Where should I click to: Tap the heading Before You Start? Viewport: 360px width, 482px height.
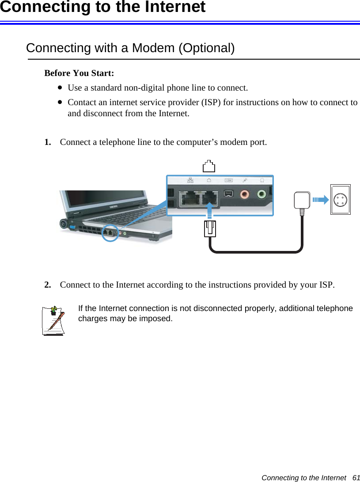[79, 73]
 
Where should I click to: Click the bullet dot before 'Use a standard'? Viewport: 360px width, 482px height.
[59, 87]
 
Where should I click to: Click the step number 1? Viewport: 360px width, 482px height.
[47, 142]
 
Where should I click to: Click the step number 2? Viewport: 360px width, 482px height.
[47, 285]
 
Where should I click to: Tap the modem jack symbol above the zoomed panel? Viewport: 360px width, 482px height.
[209, 166]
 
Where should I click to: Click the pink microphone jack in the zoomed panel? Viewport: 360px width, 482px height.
[244, 194]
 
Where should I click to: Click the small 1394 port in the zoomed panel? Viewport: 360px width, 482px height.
[228, 194]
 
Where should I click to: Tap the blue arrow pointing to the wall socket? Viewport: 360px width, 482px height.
[321, 199]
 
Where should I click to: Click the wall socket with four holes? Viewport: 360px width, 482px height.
[341, 199]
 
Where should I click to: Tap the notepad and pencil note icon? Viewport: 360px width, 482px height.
[54, 321]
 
